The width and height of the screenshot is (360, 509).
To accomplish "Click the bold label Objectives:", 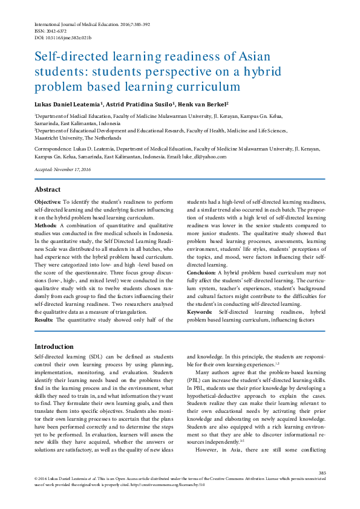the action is click(47, 201).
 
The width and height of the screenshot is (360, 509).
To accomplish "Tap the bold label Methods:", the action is click(45, 224).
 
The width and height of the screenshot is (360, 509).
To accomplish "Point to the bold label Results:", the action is click(44, 319).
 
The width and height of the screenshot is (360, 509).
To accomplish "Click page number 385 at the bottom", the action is click(322, 473).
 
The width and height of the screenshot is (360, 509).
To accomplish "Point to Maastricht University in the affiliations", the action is click(60, 137).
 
